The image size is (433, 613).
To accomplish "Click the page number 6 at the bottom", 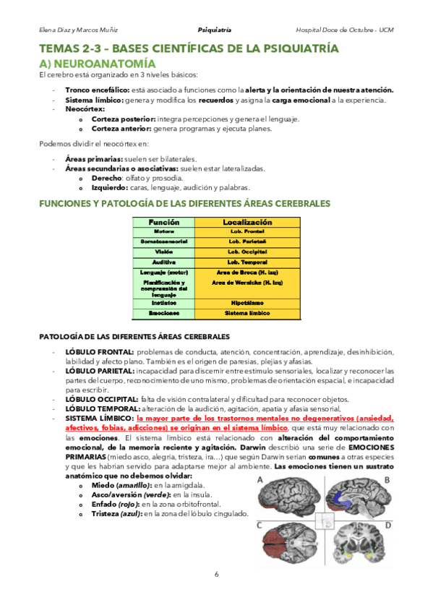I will pos(216,574).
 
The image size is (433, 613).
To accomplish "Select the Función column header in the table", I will pos(163,222).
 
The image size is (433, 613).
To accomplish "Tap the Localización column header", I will pos(247,222).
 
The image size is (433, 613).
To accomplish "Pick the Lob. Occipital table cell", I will pos(247,251).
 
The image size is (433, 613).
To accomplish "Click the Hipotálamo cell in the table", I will pos(247,303).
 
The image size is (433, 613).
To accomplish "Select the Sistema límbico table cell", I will pos(247,313).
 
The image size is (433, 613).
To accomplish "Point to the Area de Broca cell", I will pos(247,272).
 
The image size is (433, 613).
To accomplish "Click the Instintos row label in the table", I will pos(163,303).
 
